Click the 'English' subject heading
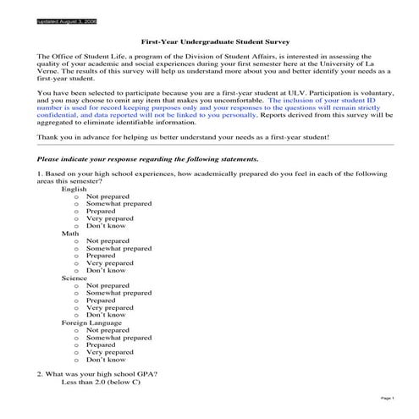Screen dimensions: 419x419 [74, 189]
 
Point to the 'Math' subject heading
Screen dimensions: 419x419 [70, 233]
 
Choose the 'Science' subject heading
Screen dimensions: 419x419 [74, 277]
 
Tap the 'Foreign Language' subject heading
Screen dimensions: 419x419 [91, 322]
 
